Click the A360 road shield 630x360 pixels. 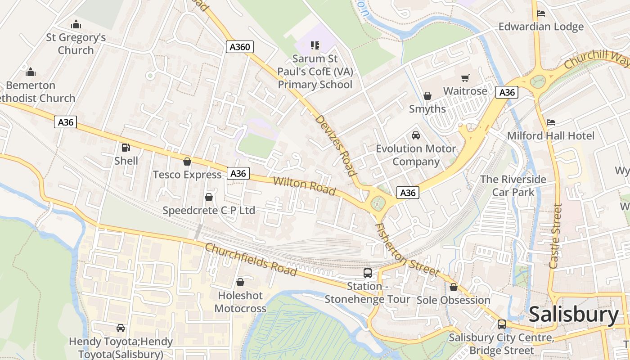[240, 47]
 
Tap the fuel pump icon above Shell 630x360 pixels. [126, 147]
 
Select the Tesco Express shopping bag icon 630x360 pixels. [187, 162]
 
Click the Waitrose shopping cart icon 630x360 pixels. [465, 78]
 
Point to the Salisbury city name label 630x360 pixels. [574, 315]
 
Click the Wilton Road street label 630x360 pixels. [305, 186]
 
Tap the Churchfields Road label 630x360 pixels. [251, 260]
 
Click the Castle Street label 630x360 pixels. [556, 236]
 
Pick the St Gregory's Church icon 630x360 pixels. [76, 24]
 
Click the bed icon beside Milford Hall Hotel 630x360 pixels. [551, 122]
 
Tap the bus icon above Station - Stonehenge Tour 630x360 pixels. [368, 273]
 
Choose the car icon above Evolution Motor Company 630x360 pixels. [416, 135]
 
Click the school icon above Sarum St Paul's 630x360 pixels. [315, 45]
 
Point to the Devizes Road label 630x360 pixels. [336, 145]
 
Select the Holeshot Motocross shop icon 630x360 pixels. [240, 282]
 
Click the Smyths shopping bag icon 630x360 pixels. [427, 96]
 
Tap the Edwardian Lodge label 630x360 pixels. [541, 27]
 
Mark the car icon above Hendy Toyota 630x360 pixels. [121, 328]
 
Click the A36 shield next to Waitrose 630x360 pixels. [507, 92]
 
